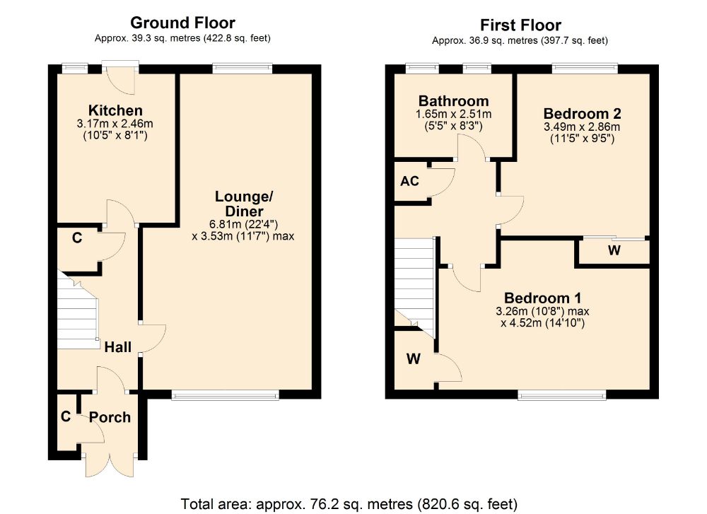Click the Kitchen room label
(x=115, y=110)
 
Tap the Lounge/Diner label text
(x=244, y=204)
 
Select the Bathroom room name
(x=454, y=101)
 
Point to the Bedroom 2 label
(x=582, y=114)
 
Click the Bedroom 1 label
(x=542, y=298)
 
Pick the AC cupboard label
(x=410, y=181)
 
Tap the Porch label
(x=110, y=418)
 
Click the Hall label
(x=118, y=347)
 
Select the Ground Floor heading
(x=182, y=23)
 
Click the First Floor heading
(x=520, y=25)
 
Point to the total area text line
(x=349, y=503)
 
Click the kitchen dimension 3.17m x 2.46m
(x=115, y=124)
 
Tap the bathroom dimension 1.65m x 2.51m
(x=454, y=114)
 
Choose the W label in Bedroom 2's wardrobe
(x=614, y=250)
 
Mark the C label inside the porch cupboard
(x=66, y=416)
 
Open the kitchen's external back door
(x=120, y=79)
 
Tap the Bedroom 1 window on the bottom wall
(x=562, y=396)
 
